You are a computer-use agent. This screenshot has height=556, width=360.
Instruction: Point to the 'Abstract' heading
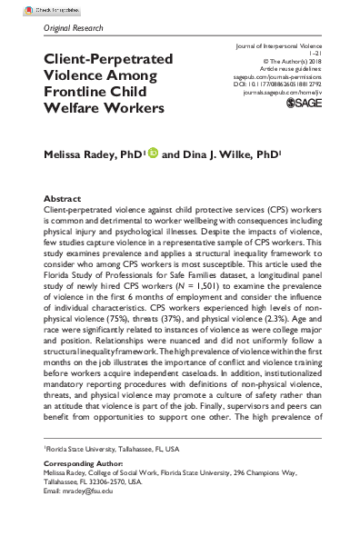click(x=62, y=197)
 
